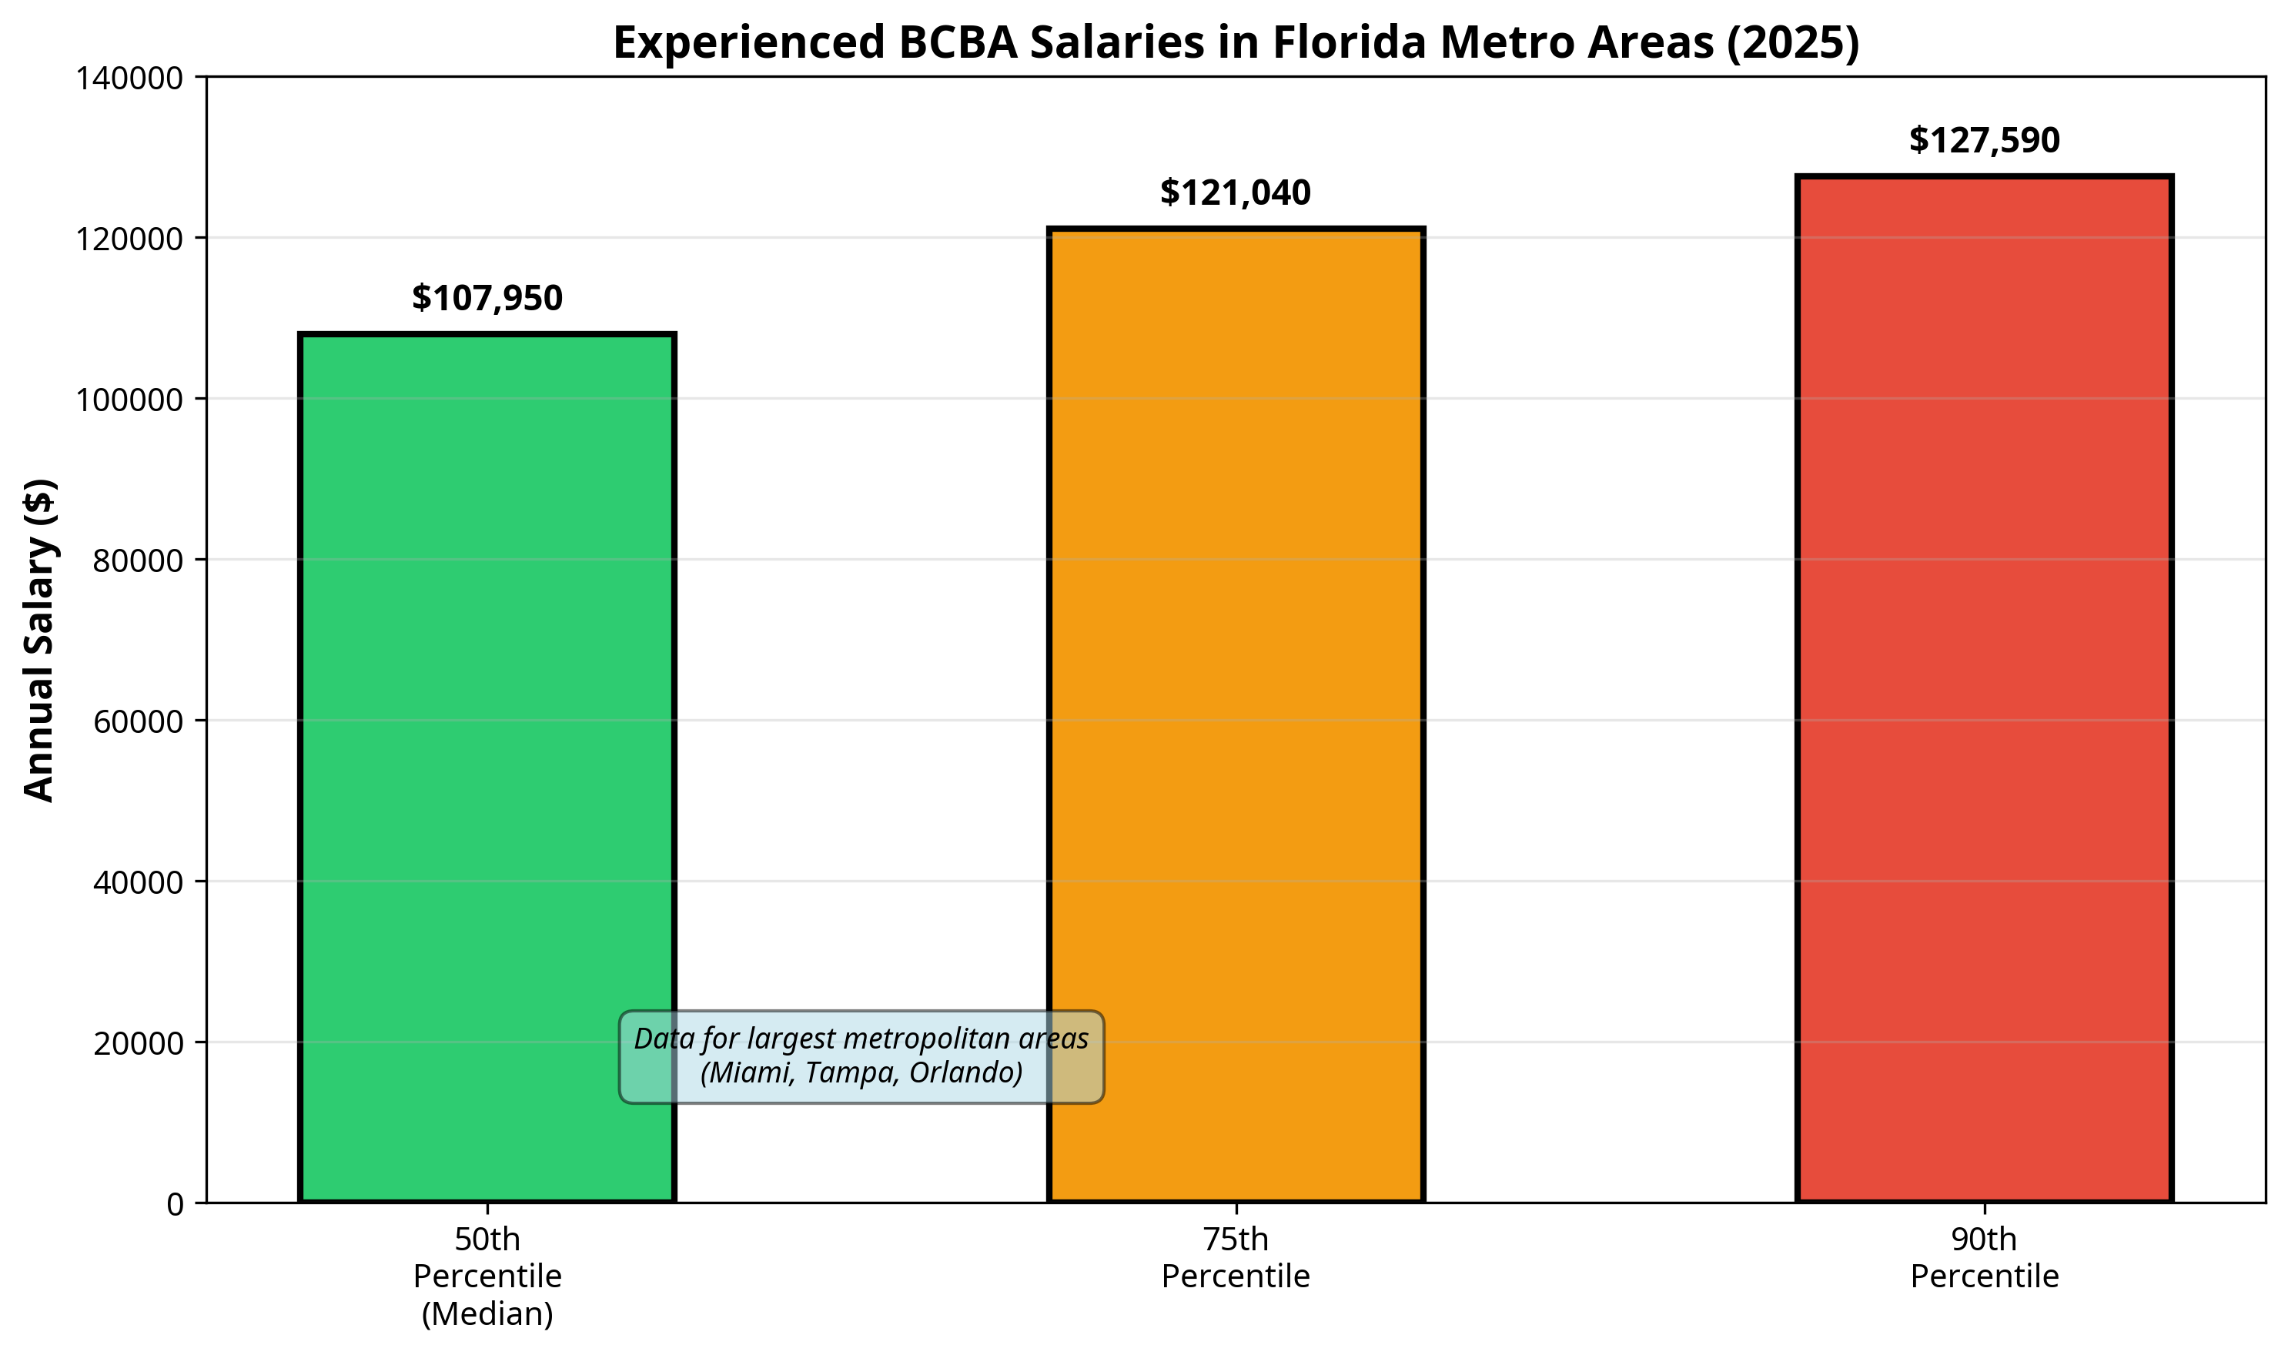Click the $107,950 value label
[x=487, y=298]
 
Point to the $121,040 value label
[x=1236, y=192]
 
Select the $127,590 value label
[x=1983, y=139]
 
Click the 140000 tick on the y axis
[x=129, y=79]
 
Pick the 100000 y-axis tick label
[x=129, y=400]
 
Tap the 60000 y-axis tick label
[x=138, y=721]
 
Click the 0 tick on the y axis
[x=175, y=1204]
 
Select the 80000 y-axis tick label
[x=138, y=560]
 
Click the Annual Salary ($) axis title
[x=39, y=639]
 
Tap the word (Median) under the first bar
[x=487, y=1313]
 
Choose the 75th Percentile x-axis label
[x=1236, y=1257]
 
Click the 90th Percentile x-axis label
[x=1983, y=1257]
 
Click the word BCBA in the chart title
[x=957, y=43]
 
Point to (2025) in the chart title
[x=1792, y=43]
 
